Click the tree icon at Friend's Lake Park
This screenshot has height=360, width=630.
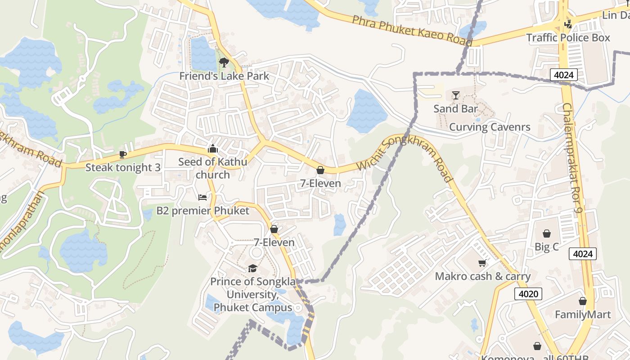[x=224, y=63]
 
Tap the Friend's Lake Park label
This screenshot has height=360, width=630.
[x=224, y=76]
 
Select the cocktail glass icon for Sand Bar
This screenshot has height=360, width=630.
[x=455, y=95]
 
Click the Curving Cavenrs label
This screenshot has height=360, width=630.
[x=490, y=127]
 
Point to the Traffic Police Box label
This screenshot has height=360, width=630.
[x=568, y=38]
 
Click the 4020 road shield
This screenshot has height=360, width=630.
[x=528, y=294]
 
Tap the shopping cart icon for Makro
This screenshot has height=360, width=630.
[x=482, y=263]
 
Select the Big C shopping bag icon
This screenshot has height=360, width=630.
[x=546, y=234]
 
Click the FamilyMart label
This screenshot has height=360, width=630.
[x=583, y=315]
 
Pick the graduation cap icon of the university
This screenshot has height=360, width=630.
[x=252, y=269]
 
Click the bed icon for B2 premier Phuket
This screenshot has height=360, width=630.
[x=202, y=198]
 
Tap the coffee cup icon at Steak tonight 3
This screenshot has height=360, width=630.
[x=122, y=154]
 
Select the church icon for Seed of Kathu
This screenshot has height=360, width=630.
[x=212, y=148]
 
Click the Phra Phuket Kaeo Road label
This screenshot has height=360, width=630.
[x=412, y=31]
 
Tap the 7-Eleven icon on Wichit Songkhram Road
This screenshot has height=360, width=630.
[x=320, y=170]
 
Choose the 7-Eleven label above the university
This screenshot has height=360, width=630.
[x=274, y=243]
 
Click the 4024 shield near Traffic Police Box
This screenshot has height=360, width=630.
[x=563, y=75]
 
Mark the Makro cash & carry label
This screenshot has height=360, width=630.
[x=482, y=276]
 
